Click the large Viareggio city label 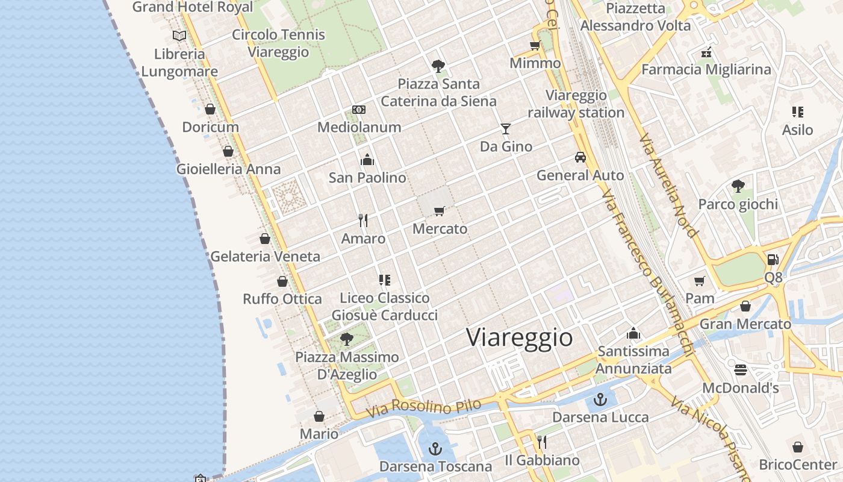click(519, 337)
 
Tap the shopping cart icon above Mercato click(440, 211)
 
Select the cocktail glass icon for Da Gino click(506, 128)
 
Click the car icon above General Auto click(580, 157)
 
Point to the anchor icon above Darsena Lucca click(600, 399)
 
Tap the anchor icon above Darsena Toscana click(435, 449)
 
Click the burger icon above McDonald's click(741, 369)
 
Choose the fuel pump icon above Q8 click(773, 260)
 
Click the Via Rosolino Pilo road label click(424, 408)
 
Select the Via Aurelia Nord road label click(669, 185)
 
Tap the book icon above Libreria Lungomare click(179, 36)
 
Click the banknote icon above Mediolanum click(359, 110)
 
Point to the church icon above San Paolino click(367, 160)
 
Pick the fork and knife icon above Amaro click(363, 221)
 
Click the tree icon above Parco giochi click(738, 186)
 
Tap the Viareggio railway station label click(576, 104)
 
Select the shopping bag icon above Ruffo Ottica click(282, 281)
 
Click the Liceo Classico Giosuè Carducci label click(385, 306)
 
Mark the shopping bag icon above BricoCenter click(798, 447)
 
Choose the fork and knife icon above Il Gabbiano click(542, 442)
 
